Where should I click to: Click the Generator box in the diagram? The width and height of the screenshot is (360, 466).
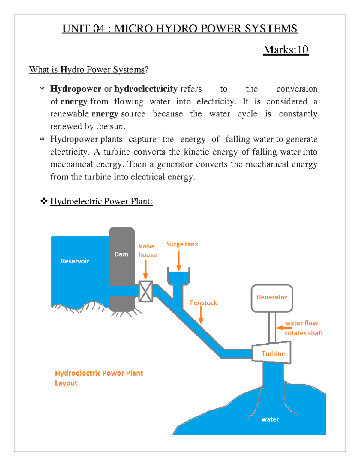click(x=271, y=298)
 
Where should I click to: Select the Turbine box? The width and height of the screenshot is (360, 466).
click(x=272, y=353)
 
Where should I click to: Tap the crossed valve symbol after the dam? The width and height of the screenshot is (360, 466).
click(x=146, y=291)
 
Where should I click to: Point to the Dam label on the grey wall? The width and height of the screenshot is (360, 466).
click(x=121, y=254)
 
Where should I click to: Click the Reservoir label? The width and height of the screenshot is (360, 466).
click(x=75, y=261)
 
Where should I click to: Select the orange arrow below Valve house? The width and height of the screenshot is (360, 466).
click(x=146, y=269)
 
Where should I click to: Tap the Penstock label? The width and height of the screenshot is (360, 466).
click(x=203, y=303)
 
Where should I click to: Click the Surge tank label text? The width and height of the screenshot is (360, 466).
click(x=182, y=244)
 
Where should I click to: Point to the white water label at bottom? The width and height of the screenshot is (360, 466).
click(x=270, y=419)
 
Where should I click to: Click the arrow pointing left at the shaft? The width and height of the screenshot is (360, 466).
click(x=284, y=328)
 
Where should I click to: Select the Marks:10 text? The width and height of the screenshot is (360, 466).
click(x=286, y=50)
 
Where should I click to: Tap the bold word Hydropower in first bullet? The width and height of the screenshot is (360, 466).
click(x=76, y=89)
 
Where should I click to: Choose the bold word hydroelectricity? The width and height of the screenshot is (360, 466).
click(x=146, y=89)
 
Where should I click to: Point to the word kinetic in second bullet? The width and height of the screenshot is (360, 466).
click(x=196, y=152)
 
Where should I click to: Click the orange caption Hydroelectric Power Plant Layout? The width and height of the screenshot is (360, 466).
click(x=99, y=378)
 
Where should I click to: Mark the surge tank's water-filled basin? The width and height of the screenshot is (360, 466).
click(x=179, y=277)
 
